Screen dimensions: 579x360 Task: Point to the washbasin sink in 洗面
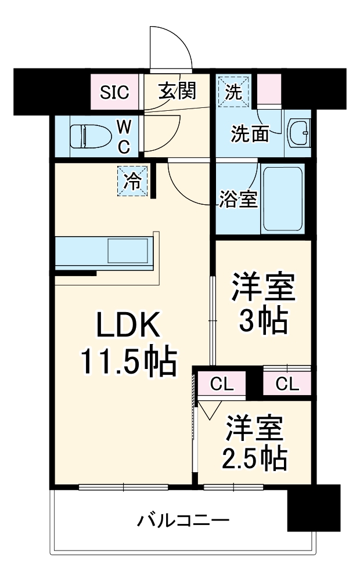(x=300, y=134)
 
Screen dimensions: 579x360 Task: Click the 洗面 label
(x=250, y=134)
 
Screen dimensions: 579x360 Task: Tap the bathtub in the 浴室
(x=282, y=199)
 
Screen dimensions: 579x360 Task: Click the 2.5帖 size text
(x=255, y=459)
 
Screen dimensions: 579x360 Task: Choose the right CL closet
(x=287, y=384)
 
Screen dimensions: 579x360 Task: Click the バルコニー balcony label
(x=183, y=519)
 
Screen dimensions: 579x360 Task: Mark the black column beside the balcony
(x=314, y=508)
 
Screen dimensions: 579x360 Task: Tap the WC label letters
(x=124, y=136)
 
